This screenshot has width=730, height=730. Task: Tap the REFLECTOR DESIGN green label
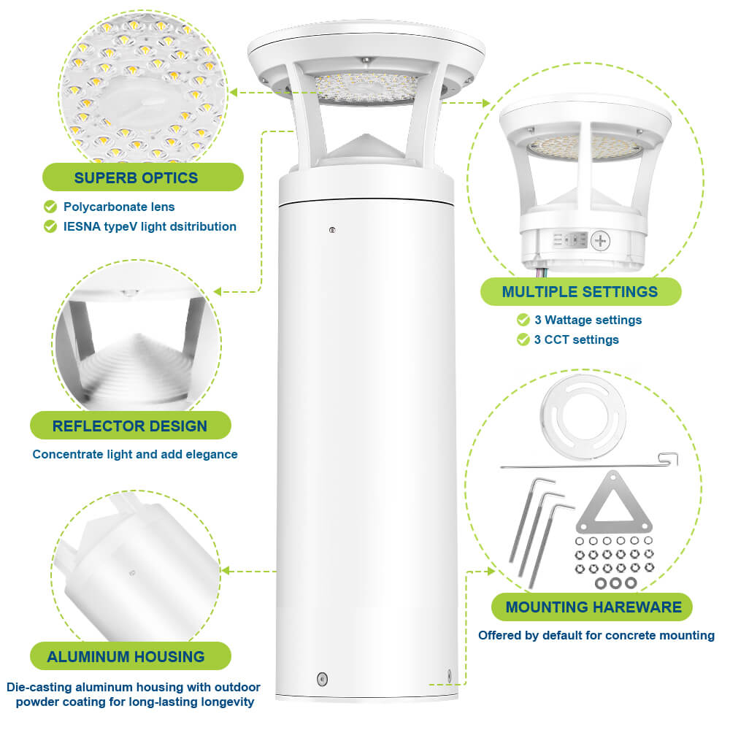click(130, 426)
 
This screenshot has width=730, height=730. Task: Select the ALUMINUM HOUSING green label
click(126, 656)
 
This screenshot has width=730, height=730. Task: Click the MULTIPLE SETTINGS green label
click(580, 292)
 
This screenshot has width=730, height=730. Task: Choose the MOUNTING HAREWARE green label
click(593, 607)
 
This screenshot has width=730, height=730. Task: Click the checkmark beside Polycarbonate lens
click(50, 207)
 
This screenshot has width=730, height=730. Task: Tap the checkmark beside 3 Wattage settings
click(523, 320)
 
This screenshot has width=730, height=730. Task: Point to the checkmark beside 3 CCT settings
click(523, 339)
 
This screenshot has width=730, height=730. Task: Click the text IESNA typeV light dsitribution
click(150, 226)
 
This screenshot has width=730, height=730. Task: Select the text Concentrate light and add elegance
click(135, 454)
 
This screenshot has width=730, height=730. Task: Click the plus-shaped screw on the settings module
click(601, 240)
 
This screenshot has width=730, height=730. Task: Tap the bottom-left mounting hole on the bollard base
click(322, 679)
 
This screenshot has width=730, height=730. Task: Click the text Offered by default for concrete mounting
click(596, 635)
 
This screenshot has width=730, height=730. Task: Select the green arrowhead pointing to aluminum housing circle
click(227, 569)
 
